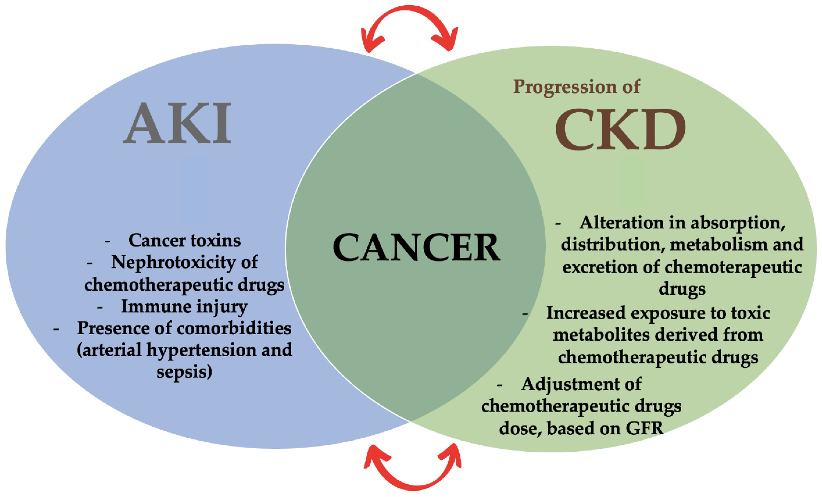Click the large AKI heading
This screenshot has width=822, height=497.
click(x=177, y=124)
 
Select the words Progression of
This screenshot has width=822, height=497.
click(x=576, y=87)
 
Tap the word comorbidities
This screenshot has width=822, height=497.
click(x=234, y=328)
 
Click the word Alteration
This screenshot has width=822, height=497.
click(x=622, y=223)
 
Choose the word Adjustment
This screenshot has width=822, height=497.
click(x=581, y=384)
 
